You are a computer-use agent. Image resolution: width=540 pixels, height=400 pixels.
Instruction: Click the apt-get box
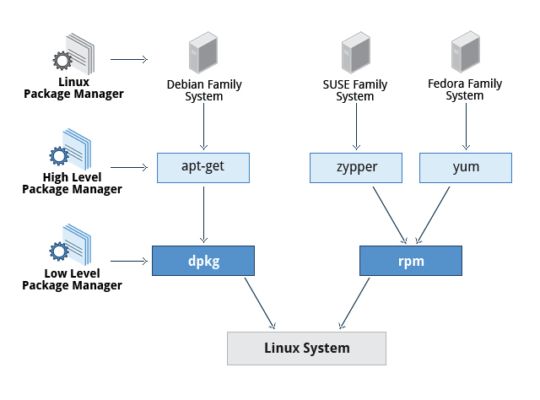coord(204,167)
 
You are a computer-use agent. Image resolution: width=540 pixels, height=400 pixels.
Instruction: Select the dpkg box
coord(203,261)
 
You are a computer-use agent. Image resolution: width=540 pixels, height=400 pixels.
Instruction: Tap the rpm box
coord(412,261)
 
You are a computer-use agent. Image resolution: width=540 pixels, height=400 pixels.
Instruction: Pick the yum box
coord(466,167)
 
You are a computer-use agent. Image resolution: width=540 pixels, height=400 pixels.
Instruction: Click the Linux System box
coord(306,348)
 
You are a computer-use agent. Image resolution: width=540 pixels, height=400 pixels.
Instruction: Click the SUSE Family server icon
coord(355,52)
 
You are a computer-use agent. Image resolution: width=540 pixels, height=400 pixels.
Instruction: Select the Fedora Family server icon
coord(464,52)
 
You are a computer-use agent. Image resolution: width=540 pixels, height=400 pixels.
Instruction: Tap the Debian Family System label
coord(204,90)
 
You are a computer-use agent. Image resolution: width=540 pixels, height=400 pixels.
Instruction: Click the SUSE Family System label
coord(355,90)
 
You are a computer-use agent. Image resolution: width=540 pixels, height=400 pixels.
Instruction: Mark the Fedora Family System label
coord(464,90)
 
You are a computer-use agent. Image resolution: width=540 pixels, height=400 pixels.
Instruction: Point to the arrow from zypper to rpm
coord(385,213)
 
